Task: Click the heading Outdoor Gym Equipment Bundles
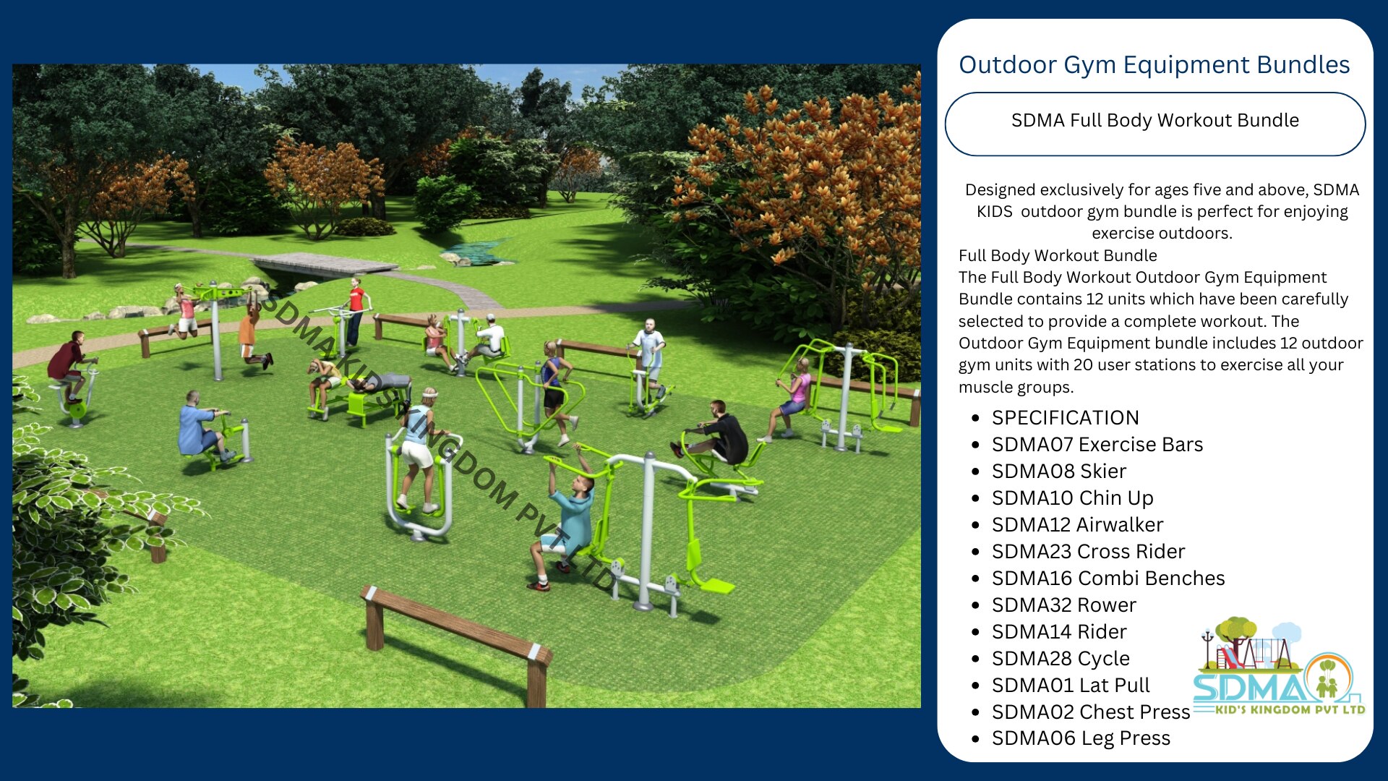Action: point(1154,65)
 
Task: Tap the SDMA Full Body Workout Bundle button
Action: point(1154,124)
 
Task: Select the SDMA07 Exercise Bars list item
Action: point(1097,444)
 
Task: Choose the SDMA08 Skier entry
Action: point(1059,471)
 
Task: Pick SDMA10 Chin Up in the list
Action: point(1072,498)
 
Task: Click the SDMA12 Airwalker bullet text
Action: point(1077,524)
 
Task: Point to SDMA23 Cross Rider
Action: point(1088,551)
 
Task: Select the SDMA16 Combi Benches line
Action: point(1108,578)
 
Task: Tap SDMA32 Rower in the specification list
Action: point(1064,605)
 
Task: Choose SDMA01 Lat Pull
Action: point(1071,685)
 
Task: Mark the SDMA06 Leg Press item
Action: point(1081,738)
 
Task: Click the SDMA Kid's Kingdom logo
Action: point(1278,666)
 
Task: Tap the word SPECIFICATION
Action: point(1065,417)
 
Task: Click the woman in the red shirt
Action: point(355,311)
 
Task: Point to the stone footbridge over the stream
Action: point(325,264)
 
